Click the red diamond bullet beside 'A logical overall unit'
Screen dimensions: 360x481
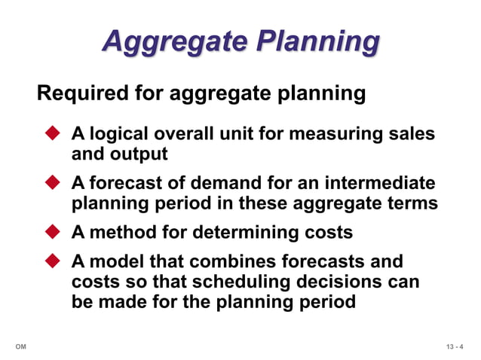53,134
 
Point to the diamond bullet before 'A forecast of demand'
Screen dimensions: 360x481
53,183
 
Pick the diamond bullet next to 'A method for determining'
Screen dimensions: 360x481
53,232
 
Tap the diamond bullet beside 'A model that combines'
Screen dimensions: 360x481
53,261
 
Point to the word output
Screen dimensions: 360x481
140,154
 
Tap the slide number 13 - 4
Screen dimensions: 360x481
455,346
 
